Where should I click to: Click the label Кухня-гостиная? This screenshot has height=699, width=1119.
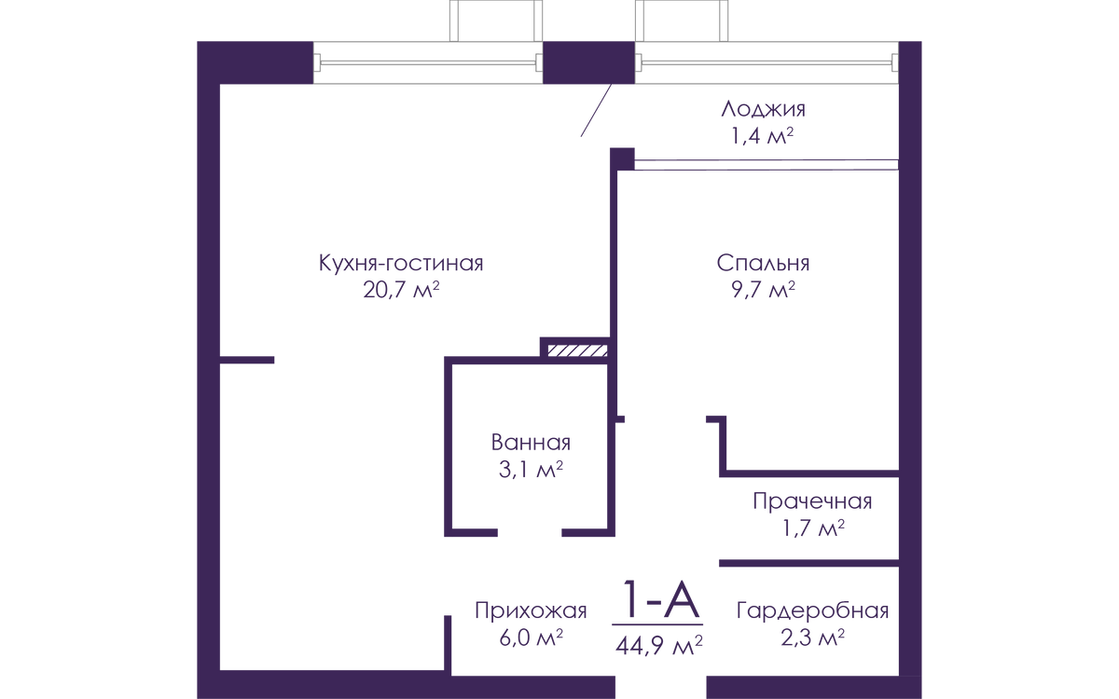[401, 263]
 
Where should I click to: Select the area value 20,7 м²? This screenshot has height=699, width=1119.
[401, 291]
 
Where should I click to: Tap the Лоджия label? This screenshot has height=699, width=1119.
[762, 109]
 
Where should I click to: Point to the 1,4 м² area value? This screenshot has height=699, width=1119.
[762, 138]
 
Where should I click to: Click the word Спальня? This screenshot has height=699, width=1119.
[764, 263]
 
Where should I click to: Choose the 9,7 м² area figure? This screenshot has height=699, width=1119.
[764, 291]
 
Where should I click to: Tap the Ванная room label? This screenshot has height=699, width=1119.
[529, 444]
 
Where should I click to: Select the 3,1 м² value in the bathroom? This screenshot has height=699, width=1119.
[529, 471]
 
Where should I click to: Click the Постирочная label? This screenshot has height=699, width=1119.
[812, 502]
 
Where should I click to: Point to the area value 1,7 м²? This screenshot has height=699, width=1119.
[812, 530]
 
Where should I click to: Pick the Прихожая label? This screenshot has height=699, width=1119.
[530, 611]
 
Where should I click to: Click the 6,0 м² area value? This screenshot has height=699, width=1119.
[530, 639]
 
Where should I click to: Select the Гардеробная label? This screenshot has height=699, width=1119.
[812, 611]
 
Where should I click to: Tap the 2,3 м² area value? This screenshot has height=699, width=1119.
[812, 639]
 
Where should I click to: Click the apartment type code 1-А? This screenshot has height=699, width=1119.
[658, 601]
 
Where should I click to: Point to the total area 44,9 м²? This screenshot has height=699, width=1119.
[658, 643]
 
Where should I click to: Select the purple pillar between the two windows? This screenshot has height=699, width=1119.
[588, 62]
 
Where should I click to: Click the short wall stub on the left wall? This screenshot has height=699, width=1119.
[249, 359]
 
